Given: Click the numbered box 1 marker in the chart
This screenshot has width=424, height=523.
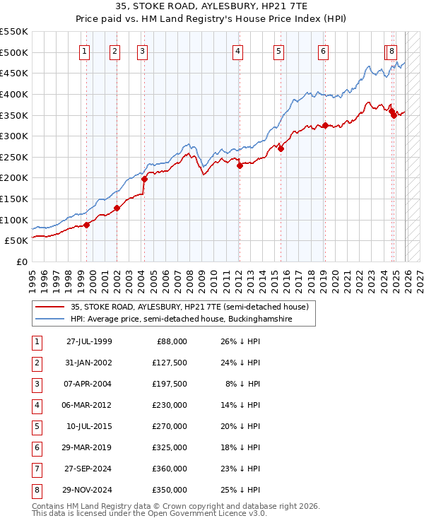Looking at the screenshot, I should click(x=85, y=51).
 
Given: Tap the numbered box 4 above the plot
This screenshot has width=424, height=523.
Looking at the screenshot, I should click(x=238, y=51).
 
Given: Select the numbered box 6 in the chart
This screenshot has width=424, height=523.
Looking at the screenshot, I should click(x=323, y=51).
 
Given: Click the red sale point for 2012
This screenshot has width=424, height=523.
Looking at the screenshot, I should click(x=240, y=165).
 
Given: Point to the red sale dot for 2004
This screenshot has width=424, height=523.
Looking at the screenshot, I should click(x=144, y=179).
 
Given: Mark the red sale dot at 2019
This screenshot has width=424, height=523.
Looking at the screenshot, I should click(x=324, y=126).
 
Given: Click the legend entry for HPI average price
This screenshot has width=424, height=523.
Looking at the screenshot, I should click(x=191, y=319).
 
